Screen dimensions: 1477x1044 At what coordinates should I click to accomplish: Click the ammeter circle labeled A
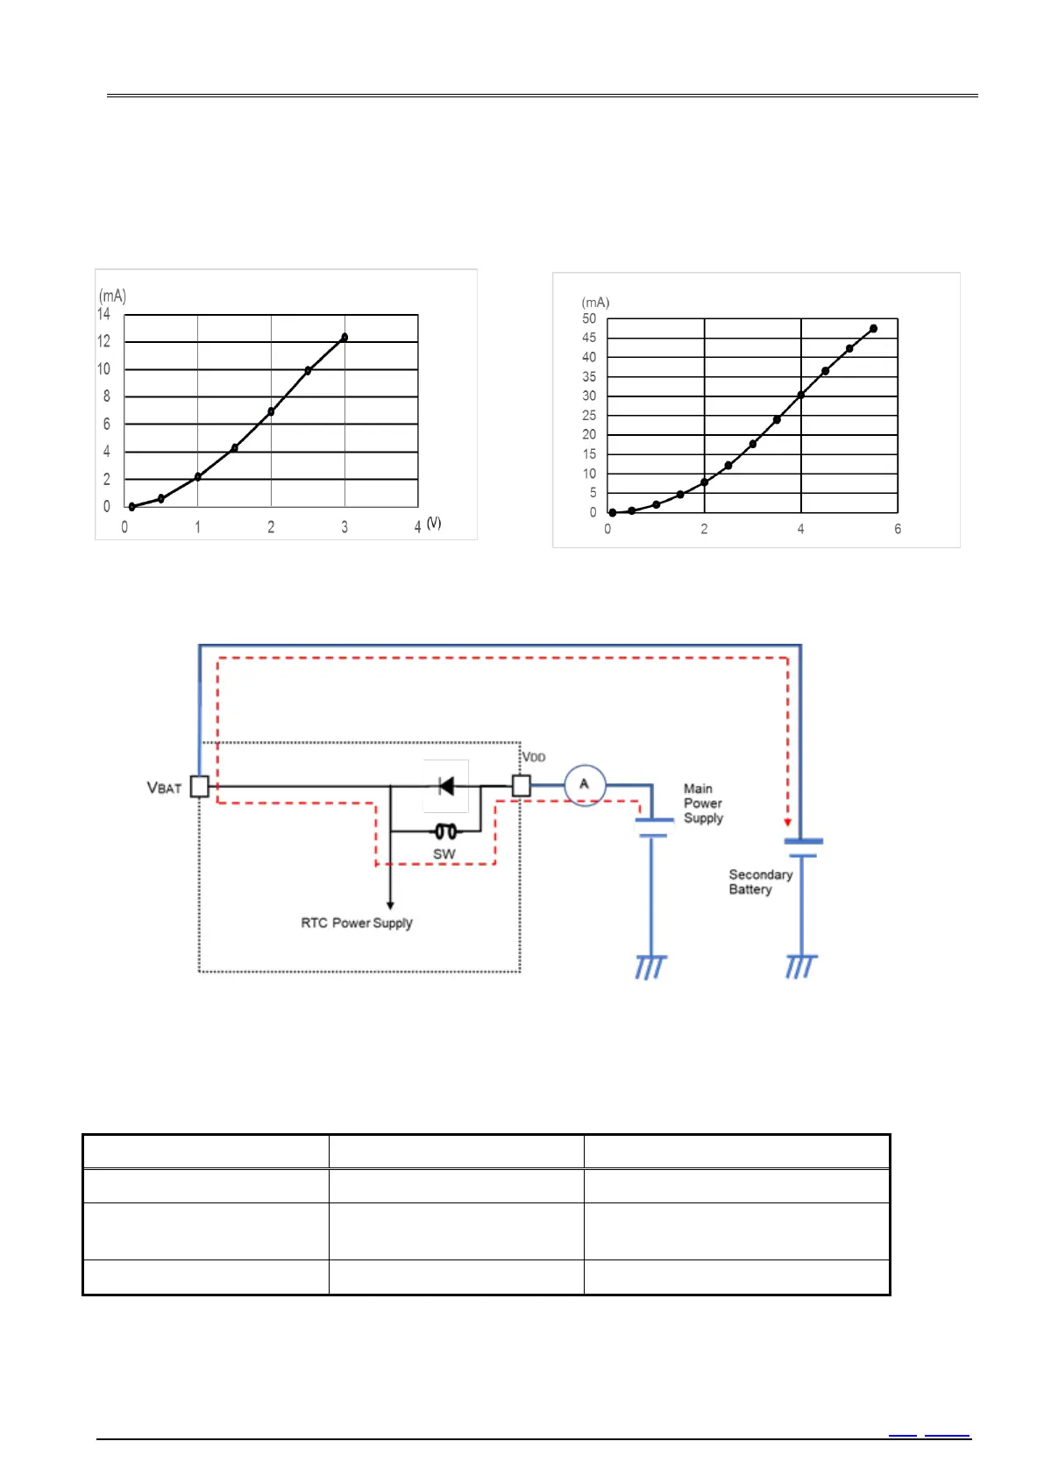coord(584,785)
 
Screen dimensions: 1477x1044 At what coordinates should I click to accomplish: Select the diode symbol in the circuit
coord(446,786)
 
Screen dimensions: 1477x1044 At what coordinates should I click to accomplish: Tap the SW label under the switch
coord(444,854)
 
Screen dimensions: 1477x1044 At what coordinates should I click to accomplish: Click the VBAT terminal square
coord(200,786)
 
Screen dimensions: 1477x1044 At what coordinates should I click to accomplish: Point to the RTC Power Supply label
coord(356,923)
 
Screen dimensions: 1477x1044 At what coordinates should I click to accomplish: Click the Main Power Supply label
coord(703,803)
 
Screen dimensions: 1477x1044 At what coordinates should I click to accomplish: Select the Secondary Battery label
coord(760,881)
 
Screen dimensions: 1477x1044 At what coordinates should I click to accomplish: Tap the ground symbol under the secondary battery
coord(802,966)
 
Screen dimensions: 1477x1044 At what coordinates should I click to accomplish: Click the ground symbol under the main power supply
coord(650,967)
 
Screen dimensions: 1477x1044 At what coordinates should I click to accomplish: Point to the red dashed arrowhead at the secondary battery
coord(788,823)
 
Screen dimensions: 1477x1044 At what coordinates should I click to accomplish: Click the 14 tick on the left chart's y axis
coord(104,314)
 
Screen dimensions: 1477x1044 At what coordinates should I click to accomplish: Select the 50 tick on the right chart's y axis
coord(589,318)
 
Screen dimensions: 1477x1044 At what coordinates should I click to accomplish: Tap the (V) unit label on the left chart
coord(434,523)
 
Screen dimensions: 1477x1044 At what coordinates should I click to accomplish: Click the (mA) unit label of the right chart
coord(596,303)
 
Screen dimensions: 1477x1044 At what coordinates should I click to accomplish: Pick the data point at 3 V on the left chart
coord(344,337)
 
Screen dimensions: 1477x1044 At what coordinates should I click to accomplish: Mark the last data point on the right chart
coord(873,329)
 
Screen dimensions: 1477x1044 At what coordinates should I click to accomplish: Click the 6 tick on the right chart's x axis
coord(898,529)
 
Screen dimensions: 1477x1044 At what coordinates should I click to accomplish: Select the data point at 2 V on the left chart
coord(271,411)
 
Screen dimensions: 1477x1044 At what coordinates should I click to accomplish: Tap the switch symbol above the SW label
coord(445,831)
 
